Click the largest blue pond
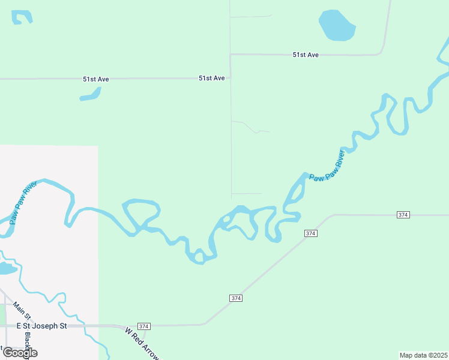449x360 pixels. point(337,25)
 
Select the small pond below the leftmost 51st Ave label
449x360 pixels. point(91,94)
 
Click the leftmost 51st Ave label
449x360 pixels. point(95,79)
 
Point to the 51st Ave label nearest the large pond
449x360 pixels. point(306,55)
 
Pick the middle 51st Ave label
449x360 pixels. point(212,78)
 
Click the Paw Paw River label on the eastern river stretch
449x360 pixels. point(327,165)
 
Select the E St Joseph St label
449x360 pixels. point(41,326)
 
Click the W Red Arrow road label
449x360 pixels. point(142,343)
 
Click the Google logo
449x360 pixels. point(20,353)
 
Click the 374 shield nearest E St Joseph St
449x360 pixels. point(143,326)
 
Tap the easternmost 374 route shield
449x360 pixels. point(403,215)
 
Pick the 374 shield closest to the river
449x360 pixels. point(310,233)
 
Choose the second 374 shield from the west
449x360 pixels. point(236,298)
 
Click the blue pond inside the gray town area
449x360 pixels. point(7,268)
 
